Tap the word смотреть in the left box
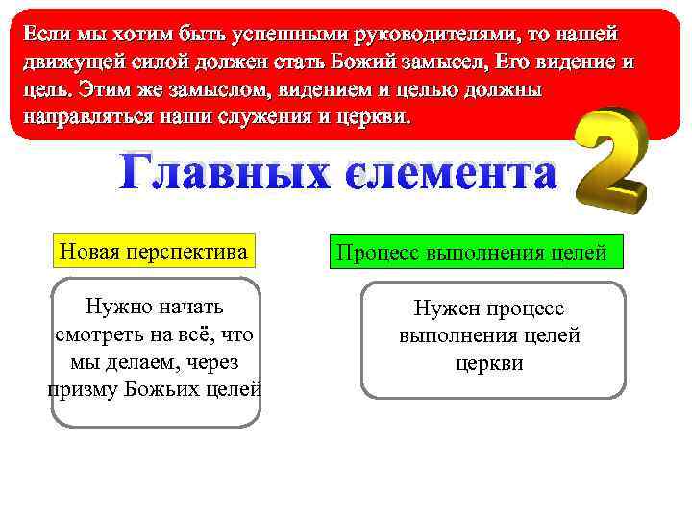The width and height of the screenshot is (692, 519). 93,334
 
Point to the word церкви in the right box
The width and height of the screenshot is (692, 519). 489,363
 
